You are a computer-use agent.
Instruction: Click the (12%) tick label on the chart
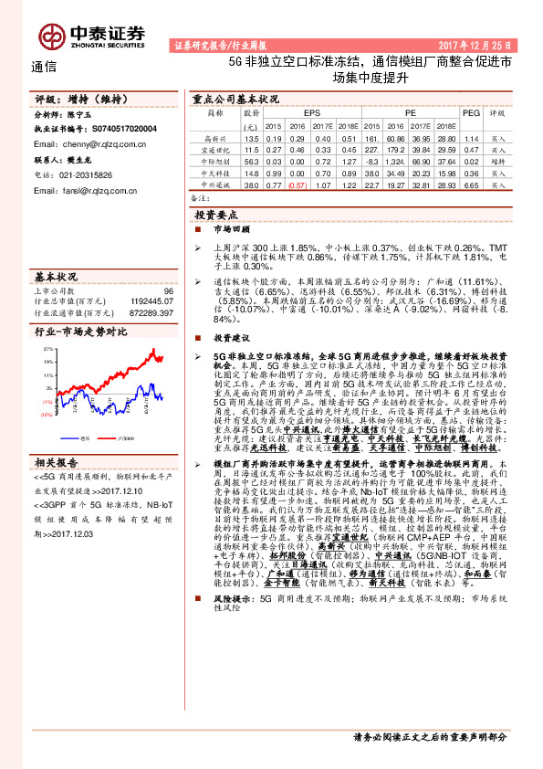point(47,414)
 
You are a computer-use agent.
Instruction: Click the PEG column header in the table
point(471,113)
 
